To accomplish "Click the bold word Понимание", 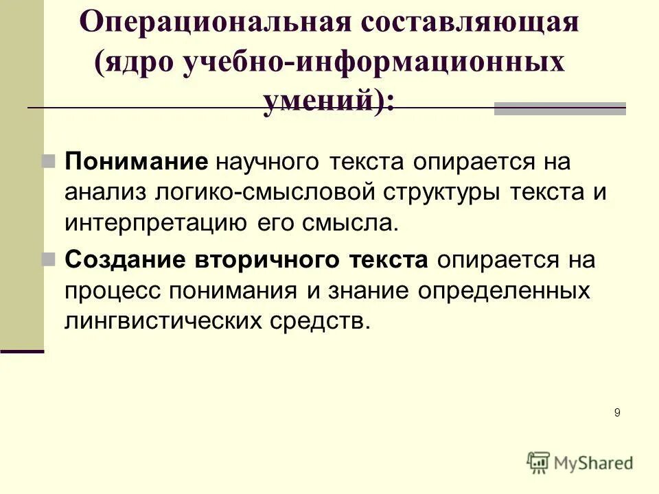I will [136, 163].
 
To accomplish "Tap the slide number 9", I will [617, 412].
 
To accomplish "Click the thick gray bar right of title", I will [559, 108].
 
